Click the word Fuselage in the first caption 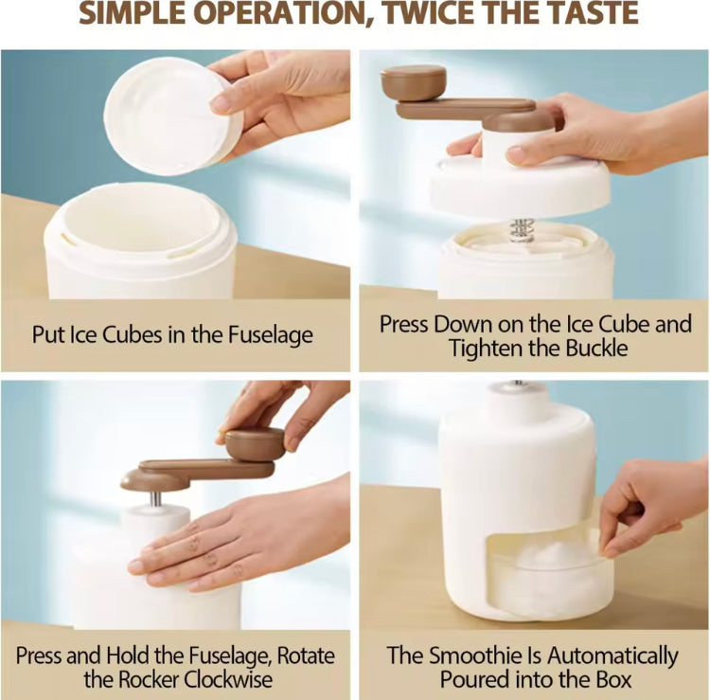point(271,335)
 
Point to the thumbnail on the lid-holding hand point(220,104)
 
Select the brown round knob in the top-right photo point(413,82)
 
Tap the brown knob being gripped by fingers point(255,444)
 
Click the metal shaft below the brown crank point(155,498)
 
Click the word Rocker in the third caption point(150,679)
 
